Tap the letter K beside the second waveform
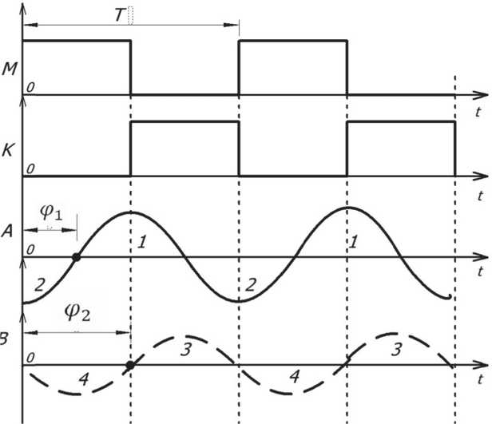coord(8,149)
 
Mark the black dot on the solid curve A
coord(76,257)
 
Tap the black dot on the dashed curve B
coord(130,365)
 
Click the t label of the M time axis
coord(477,111)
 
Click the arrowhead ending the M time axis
coord(482,95)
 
